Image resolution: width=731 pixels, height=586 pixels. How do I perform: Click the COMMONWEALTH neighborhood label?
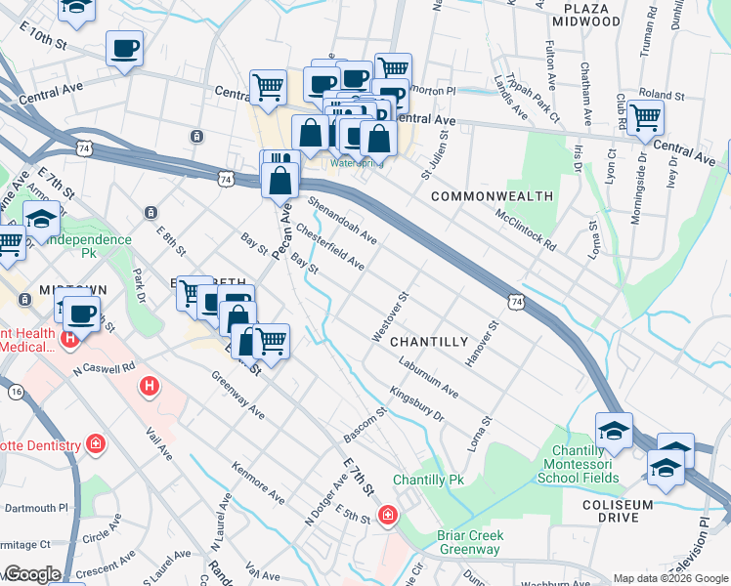(492, 196)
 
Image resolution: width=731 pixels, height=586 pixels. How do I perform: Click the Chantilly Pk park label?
(428, 481)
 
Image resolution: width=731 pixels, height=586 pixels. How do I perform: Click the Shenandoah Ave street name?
(342, 220)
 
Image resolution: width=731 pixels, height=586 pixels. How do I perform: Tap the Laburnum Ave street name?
(429, 377)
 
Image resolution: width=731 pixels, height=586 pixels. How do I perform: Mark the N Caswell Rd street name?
(105, 369)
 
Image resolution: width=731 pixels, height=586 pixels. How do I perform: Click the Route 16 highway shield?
(16, 391)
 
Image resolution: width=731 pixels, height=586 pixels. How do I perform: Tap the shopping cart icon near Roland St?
(646, 117)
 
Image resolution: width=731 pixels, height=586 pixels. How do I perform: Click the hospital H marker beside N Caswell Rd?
(150, 387)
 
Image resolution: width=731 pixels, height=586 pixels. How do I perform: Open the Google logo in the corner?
(31, 574)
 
